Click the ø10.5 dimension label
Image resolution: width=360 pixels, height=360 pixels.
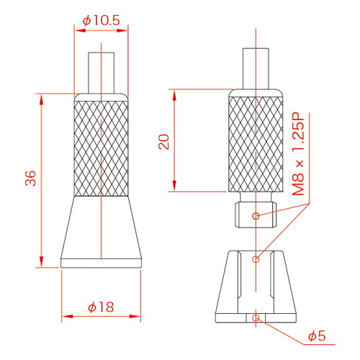click(101, 21)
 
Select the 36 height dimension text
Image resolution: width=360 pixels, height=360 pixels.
click(31, 179)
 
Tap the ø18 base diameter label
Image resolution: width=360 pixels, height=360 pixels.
click(101, 307)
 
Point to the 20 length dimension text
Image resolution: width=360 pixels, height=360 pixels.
click(164, 142)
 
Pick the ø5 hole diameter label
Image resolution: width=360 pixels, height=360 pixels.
click(317, 336)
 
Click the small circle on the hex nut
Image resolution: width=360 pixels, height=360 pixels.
click(256, 216)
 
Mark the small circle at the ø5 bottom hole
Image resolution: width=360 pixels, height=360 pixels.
click(256, 318)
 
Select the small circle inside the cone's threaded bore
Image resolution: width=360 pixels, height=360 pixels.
click(256, 259)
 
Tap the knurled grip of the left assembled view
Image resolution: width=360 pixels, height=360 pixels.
click(101, 148)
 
